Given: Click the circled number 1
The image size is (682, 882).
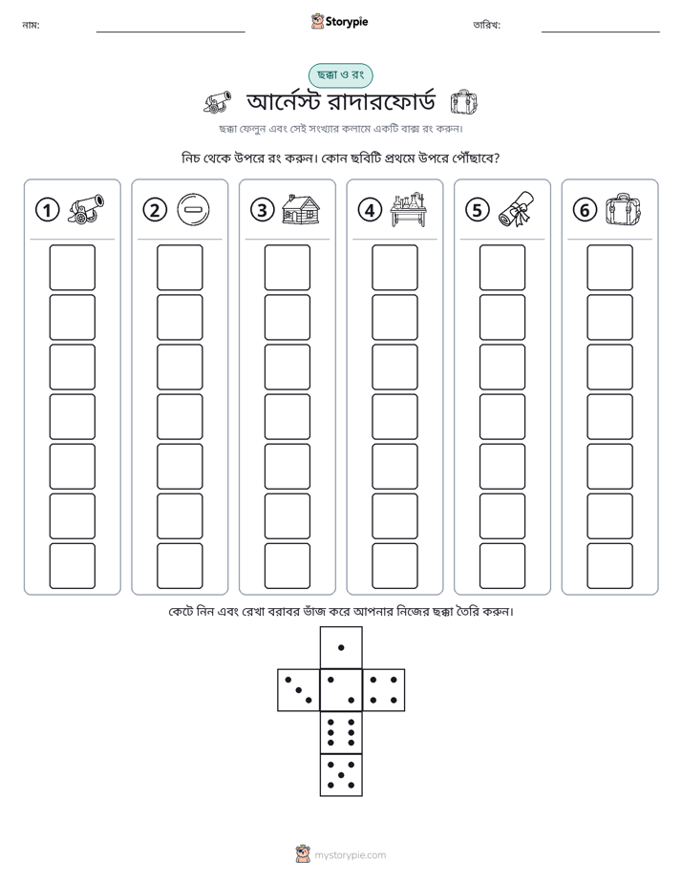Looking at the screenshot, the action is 47,210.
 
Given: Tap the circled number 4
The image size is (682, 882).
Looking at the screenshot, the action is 370,210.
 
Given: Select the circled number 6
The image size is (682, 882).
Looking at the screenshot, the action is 585,210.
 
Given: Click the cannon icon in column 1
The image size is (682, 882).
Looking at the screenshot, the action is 86,209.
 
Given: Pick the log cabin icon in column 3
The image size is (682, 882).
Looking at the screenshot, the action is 301,210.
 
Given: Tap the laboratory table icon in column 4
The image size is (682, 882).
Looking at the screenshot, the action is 409,209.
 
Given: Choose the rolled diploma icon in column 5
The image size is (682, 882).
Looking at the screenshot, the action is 516,209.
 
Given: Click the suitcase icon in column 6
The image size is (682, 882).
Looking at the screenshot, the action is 624,209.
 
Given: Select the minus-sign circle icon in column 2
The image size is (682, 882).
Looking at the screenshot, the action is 193,210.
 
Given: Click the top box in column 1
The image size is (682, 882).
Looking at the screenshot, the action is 72,267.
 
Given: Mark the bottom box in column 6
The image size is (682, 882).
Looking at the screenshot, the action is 609,566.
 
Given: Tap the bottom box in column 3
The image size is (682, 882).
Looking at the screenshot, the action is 287,566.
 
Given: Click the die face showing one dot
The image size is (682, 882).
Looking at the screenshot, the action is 341,647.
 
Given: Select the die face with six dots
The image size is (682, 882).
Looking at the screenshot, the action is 341,732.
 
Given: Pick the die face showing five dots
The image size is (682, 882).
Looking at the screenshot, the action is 341,775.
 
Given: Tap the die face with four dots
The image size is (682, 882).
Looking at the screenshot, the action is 384,690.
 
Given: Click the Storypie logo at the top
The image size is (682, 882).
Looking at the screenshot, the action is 340,21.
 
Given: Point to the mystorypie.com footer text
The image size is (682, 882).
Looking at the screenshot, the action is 350,855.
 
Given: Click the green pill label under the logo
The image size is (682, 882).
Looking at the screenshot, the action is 340,74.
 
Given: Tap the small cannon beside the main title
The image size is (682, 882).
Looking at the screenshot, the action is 217,102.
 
